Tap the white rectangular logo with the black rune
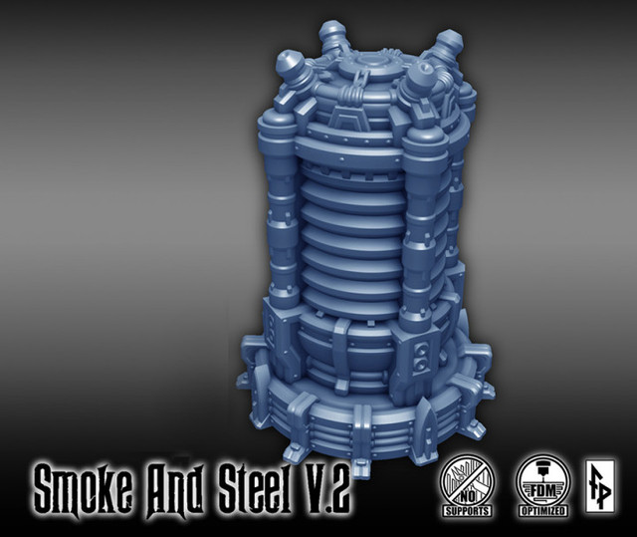coord(599,486)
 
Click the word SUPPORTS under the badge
coord(468,511)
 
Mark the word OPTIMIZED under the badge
coord(543,511)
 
